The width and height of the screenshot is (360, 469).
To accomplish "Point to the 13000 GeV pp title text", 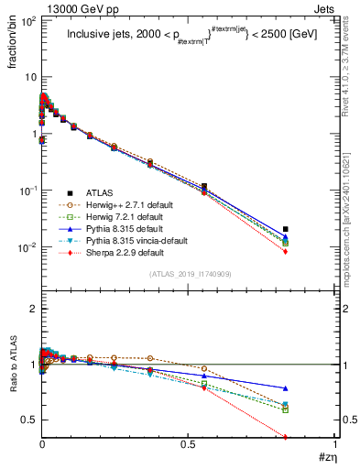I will tap(56, 7).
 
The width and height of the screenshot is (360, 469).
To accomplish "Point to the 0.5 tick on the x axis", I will tap(188, 444).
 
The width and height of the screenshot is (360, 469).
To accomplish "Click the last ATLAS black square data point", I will tap(286, 229).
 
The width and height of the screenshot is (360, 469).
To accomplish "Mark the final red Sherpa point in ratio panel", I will tap(286, 436).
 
